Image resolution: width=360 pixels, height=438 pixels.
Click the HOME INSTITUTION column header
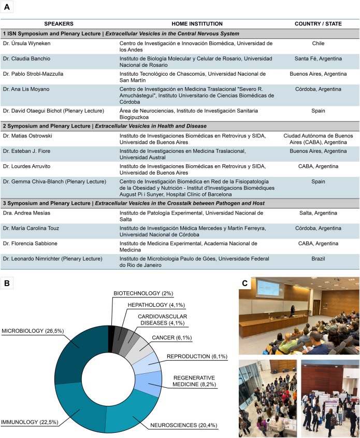coord(190,23)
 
